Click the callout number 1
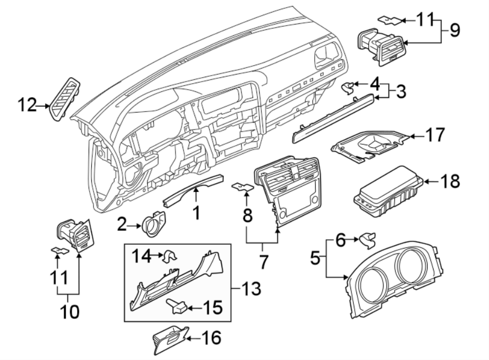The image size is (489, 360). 196,213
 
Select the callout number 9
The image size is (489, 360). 451,30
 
